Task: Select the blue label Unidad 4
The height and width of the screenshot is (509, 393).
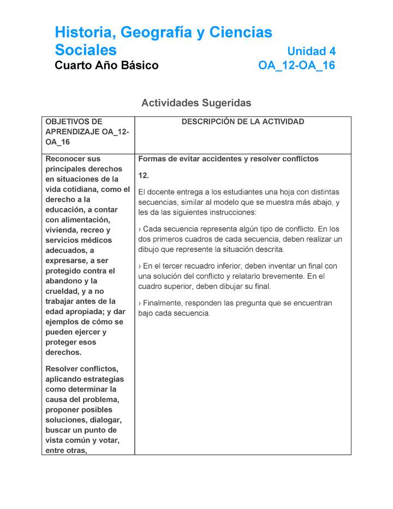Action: (x=311, y=51)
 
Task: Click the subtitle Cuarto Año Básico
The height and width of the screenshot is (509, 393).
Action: (x=106, y=66)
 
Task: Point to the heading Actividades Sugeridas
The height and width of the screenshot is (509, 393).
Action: (x=196, y=103)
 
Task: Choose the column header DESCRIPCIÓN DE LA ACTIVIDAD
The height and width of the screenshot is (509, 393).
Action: (x=242, y=122)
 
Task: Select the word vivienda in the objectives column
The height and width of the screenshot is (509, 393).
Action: (x=62, y=230)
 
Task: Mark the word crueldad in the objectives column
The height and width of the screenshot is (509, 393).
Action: (x=62, y=291)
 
